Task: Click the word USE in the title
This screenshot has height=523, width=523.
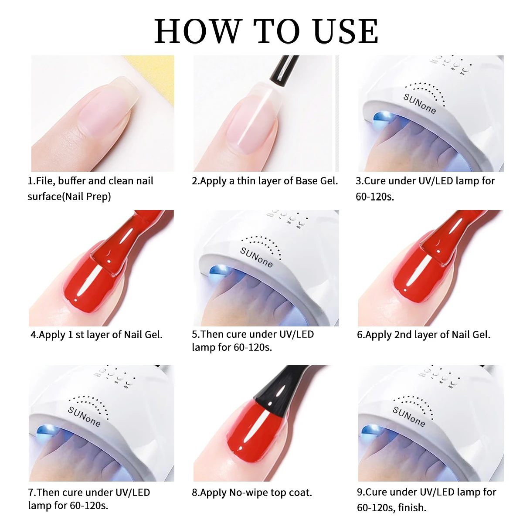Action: [346, 32]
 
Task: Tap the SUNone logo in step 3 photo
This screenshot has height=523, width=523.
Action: [419, 103]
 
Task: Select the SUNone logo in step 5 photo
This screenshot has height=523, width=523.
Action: [257, 257]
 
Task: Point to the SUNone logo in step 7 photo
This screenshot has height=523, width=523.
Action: [84, 416]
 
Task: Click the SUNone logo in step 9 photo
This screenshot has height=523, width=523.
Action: [409, 416]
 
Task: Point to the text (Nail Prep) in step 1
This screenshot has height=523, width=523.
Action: [87, 197]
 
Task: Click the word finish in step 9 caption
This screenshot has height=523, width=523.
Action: [412, 508]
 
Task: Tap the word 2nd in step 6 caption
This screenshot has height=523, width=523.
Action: [403, 335]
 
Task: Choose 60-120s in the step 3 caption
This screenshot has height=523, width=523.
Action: [374, 197]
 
